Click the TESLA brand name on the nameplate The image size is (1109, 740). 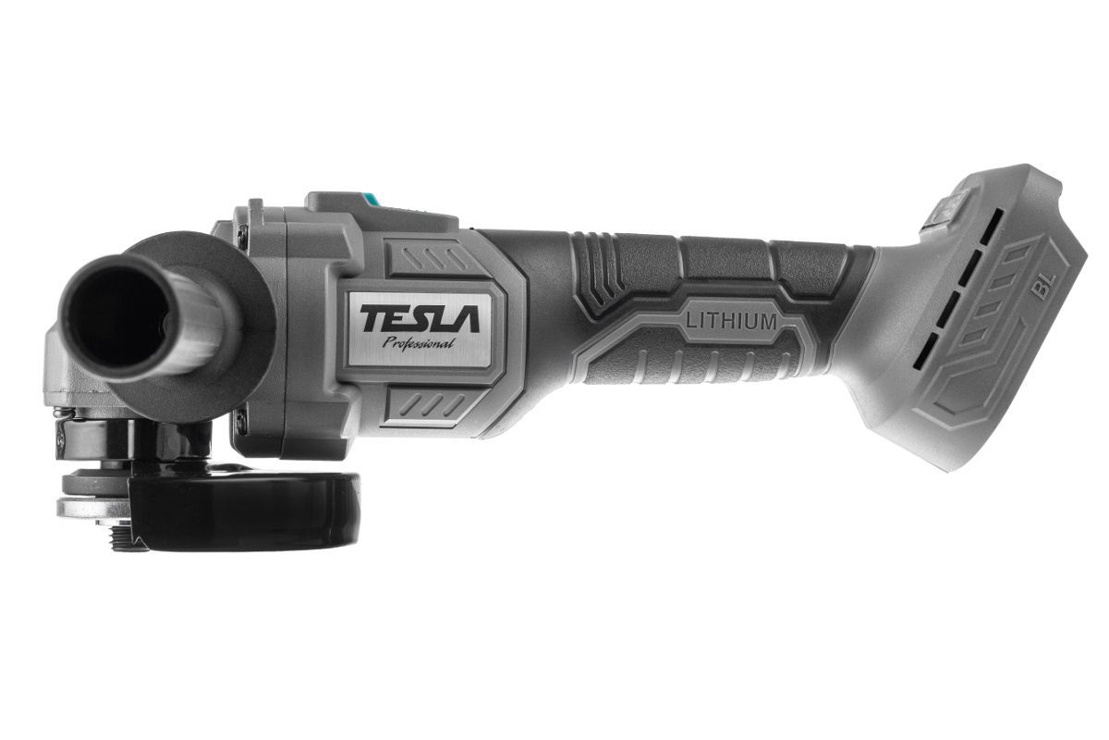420,318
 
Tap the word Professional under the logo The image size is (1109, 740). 419,343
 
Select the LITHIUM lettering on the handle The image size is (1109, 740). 731,322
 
